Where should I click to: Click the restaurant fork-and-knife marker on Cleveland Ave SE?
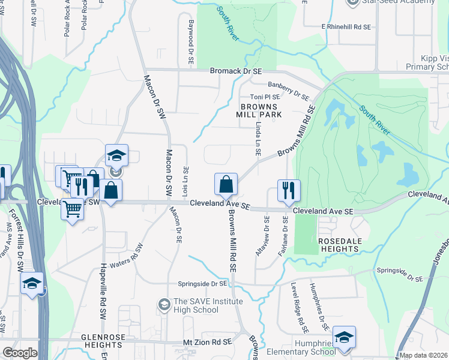click(289, 191)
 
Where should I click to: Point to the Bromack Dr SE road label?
click(237, 71)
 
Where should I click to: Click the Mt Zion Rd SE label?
click(207, 342)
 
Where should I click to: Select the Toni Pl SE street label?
click(265, 97)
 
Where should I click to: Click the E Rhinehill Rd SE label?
click(346, 27)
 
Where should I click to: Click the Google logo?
click(20, 353)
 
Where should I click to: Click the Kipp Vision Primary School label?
click(427, 62)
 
